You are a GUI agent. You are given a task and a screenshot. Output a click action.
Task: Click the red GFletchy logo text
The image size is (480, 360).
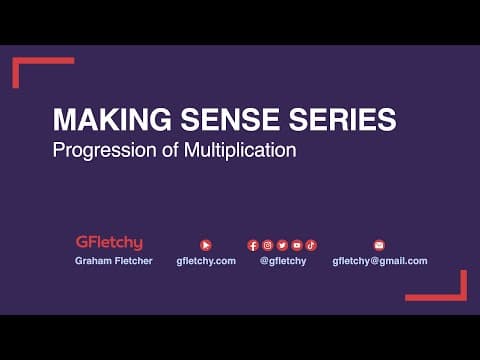pyautogui.click(x=109, y=242)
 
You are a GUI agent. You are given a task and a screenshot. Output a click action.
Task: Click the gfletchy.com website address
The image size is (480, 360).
pyautogui.click(x=206, y=261)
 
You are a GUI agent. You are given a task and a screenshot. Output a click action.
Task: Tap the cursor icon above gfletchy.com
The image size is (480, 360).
pyautogui.click(x=206, y=244)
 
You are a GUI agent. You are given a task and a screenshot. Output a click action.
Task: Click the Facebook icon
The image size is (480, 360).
pyautogui.click(x=253, y=244)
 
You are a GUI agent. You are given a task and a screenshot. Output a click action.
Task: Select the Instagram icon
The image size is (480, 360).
pyautogui.click(x=268, y=244)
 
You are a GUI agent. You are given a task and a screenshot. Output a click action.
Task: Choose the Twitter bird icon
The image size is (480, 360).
pyautogui.click(x=282, y=244)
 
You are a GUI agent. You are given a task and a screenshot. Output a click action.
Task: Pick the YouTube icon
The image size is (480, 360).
pyautogui.click(x=297, y=244)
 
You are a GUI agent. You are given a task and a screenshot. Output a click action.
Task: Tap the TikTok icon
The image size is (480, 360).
pyautogui.click(x=311, y=244)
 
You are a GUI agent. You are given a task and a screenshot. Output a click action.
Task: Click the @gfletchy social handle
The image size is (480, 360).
pyautogui.click(x=282, y=261)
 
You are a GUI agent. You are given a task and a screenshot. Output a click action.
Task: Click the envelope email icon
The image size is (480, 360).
pyautogui.click(x=379, y=244)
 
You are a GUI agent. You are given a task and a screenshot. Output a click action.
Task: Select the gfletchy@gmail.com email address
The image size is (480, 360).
pyautogui.click(x=379, y=261)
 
